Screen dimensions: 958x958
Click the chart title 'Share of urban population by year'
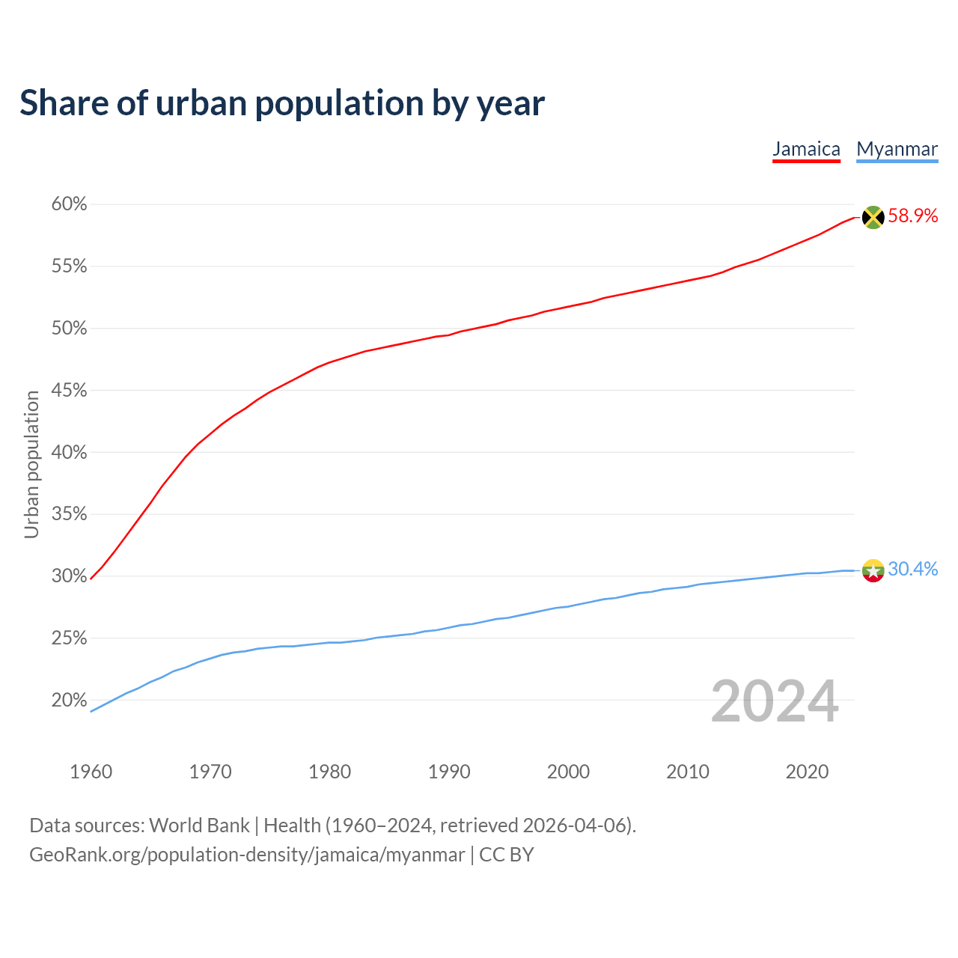(x=282, y=103)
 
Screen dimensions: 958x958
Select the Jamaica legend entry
(x=806, y=149)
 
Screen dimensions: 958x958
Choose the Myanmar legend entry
(x=897, y=149)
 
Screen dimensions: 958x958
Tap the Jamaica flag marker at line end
(x=873, y=217)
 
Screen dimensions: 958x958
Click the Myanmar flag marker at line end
(x=873, y=570)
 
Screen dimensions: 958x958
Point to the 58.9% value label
(x=912, y=216)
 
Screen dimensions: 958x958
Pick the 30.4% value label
(x=912, y=570)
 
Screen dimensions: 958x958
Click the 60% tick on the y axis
(x=70, y=204)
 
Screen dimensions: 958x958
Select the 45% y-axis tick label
(x=70, y=391)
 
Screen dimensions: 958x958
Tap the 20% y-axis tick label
(x=70, y=701)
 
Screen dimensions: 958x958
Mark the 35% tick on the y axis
(x=70, y=514)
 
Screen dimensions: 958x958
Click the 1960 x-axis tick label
(x=91, y=772)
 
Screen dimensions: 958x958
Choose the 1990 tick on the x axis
(x=449, y=772)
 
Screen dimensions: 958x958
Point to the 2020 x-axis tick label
(x=807, y=772)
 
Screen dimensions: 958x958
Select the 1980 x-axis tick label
(x=329, y=772)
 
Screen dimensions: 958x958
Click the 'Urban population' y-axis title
(x=31, y=464)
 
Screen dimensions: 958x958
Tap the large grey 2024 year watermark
(x=775, y=701)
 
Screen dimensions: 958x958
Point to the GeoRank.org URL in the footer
(x=247, y=855)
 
